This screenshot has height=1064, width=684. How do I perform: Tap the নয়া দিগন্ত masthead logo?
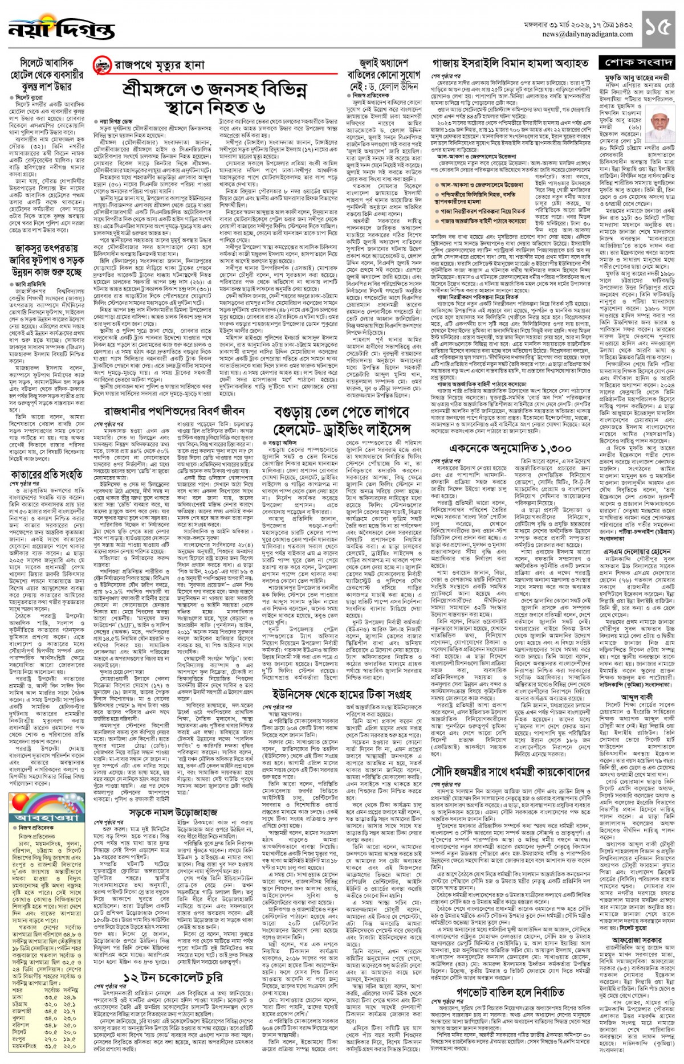click(54, 28)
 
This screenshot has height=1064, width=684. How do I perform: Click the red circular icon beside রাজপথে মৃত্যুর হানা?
click(101, 67)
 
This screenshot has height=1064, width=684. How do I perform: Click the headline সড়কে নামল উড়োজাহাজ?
click(173, 812)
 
